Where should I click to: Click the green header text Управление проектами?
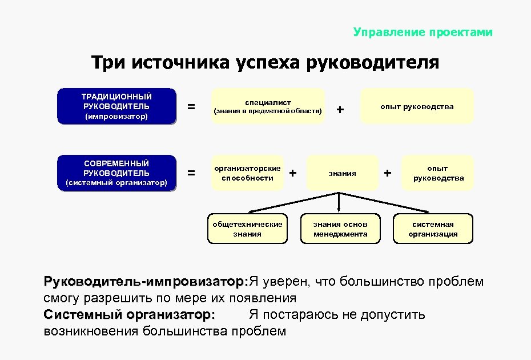click(423, 32)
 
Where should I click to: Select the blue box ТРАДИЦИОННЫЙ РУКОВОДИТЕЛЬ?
click(116, 106)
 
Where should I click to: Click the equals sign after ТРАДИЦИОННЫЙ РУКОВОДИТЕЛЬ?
click(191, 107)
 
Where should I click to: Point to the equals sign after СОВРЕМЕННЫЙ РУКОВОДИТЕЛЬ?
click(191, 173)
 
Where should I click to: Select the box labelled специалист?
click(268, 106)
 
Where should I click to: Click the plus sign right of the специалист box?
click(340, 109)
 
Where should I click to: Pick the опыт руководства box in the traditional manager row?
click(417, 106)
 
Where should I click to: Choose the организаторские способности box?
click(248, 173)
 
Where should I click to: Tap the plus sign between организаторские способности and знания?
click(293, 172)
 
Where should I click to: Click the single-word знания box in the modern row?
click(343, 173)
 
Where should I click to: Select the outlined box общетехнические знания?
click(247, 229)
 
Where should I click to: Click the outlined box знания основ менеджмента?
click(340, 229)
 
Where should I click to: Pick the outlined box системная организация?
click(433, 229)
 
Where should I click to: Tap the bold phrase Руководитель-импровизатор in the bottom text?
click(144, 282)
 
